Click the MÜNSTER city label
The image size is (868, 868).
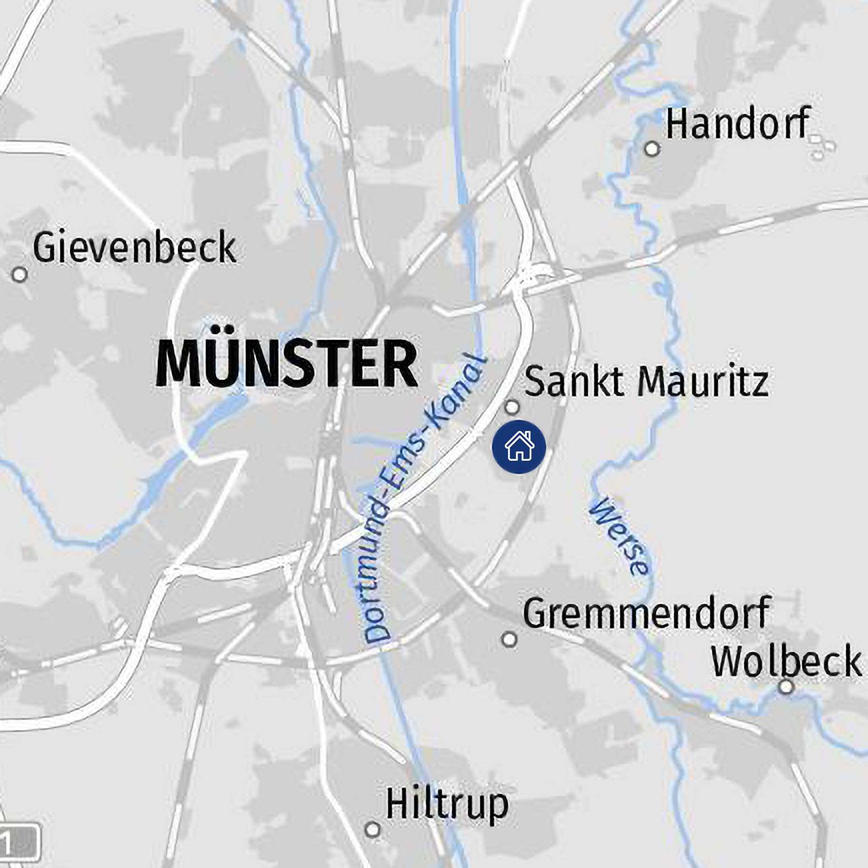[x=287, y=364]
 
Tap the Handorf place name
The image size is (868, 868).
[x=737, y=124]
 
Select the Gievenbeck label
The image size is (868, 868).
[x=134, y=247]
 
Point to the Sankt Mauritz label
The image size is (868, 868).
[x=646, y=381]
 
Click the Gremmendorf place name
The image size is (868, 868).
[x=646, y=613]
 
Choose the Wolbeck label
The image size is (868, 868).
[x=785, y=661]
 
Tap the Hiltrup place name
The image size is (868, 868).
[x=446, y=805]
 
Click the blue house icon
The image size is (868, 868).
[x=519, y=447]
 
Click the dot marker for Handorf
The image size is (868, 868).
[x=652, y=149]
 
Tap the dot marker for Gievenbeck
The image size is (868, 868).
[x=20, y=274]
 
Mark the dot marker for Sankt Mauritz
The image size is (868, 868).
[x=512, y=407]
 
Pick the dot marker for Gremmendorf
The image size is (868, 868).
[x=509, y=640]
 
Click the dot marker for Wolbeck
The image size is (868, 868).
[x=786, y=687]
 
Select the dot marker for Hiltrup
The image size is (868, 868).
[x=373, y=829]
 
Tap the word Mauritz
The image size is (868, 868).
[x=703, y=381]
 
